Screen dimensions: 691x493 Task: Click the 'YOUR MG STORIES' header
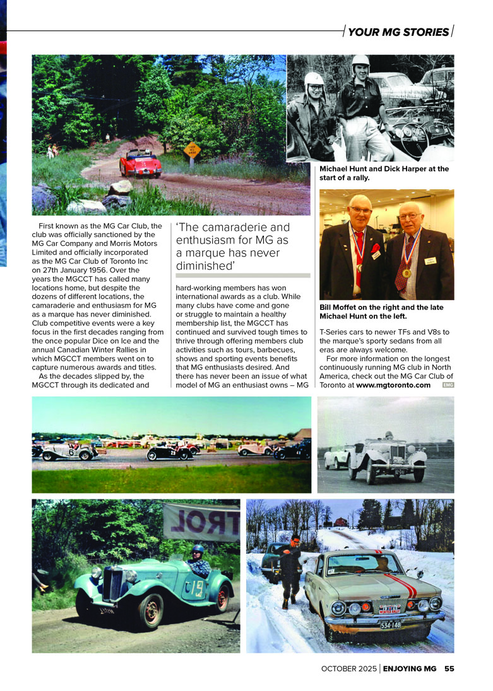[x=398, y=32]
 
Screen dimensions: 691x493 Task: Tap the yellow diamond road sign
[x=192, y=150]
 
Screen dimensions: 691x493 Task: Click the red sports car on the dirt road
[x=140, y=163]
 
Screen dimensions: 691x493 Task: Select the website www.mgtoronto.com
[x=393, y=385]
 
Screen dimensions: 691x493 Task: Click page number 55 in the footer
[x=449, y=668]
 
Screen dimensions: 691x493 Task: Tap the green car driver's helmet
[x=198, y=550]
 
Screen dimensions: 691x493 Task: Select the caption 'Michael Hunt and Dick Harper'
[x=384, y=169]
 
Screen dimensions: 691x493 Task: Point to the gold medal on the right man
[x=407, y=273]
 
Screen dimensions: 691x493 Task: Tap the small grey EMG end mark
[x=448, y=385]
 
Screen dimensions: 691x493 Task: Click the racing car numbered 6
[x=66, y=450]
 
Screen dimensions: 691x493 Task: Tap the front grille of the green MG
[x=115, y=583]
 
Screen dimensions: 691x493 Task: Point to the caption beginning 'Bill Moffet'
[x=381, y=311]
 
